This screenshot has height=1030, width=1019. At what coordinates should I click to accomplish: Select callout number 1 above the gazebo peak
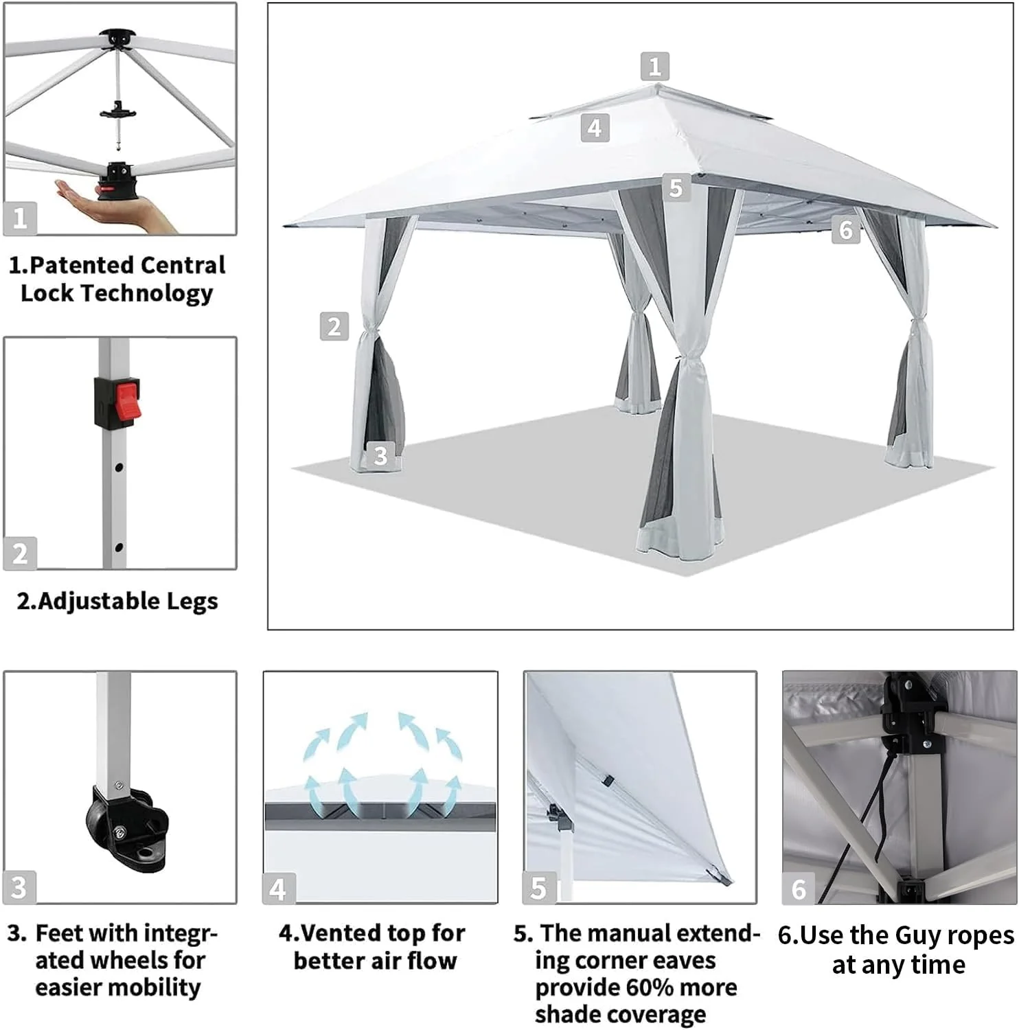(654, 67)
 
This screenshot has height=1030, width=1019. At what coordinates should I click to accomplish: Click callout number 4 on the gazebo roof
(595, 128)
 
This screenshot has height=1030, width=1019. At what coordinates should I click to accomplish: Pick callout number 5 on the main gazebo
(676, 187)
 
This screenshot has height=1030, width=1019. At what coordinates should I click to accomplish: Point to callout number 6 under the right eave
(846, 230)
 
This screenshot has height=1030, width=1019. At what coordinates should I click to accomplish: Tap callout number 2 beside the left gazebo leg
(334, 326)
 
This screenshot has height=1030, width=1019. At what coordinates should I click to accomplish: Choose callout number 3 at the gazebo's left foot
(381, 455)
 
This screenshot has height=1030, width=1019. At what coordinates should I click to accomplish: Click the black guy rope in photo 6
(871, 817)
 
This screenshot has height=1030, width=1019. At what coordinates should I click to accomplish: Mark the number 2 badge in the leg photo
(20, 553)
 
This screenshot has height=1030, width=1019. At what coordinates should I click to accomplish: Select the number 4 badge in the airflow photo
(278, 889)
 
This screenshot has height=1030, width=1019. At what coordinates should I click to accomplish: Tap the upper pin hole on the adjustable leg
(119, 468)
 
